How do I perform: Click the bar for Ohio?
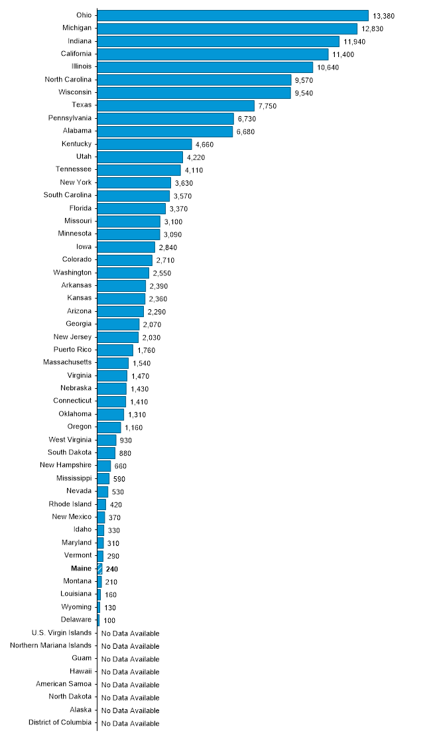(232, 15)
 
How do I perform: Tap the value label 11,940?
(354, 42)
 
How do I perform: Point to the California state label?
(76, 54)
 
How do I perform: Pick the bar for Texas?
(176, 105)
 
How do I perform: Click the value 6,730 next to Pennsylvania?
(246, 119)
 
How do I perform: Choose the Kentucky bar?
(145, 144)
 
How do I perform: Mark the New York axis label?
(76, 182)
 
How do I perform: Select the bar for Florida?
(131, 208)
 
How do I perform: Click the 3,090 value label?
(172, 235)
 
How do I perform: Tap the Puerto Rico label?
(73, 350)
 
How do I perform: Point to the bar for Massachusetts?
(113, 363)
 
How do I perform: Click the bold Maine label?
(82, 569)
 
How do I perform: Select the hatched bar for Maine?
(100, 569)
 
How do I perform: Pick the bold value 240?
(112, 569)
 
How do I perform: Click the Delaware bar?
(98, 620)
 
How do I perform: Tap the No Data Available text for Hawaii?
(130, 672)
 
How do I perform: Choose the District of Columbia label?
(60, 723)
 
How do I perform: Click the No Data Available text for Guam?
(130, 659)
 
